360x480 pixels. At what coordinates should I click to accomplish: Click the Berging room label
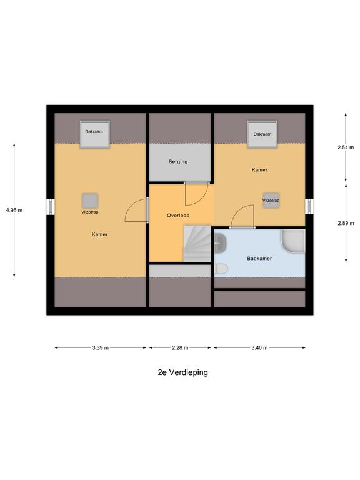click(178, 162)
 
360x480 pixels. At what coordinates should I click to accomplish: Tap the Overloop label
click(178, 215)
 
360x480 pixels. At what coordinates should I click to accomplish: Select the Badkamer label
click(259, 257)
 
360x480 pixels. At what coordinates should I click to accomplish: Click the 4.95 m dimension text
click(14, 211)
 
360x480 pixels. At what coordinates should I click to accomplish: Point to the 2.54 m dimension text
click(346, 147)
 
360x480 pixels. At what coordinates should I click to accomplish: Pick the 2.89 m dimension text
click(346, 223)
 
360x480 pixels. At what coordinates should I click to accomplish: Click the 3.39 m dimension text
click(100, 348)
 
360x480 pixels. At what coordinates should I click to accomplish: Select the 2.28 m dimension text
click(180, 348)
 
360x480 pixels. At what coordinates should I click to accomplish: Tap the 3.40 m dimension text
click(259, 348)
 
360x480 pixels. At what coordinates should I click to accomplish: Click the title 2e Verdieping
click(182, 372)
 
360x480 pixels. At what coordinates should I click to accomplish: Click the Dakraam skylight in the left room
click(94, 133)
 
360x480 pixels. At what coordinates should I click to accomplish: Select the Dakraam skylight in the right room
click(262, 135)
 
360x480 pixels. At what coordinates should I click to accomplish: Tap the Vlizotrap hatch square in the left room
click(90, 201)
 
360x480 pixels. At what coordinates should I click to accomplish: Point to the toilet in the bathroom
click(220, 269)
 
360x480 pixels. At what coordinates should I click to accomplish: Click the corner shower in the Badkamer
click(292, 242)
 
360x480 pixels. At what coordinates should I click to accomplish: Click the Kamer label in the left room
click(99, 235)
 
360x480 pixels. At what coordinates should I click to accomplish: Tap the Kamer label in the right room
click(260, 169)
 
